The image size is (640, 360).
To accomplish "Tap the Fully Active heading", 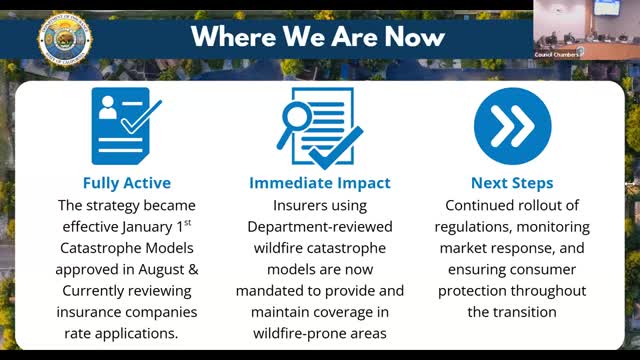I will coord(127,183).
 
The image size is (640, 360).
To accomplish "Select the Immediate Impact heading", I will coord(321,183).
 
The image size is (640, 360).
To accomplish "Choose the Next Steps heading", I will coord(513,183).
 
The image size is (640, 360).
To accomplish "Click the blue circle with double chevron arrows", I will coord(512,127).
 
